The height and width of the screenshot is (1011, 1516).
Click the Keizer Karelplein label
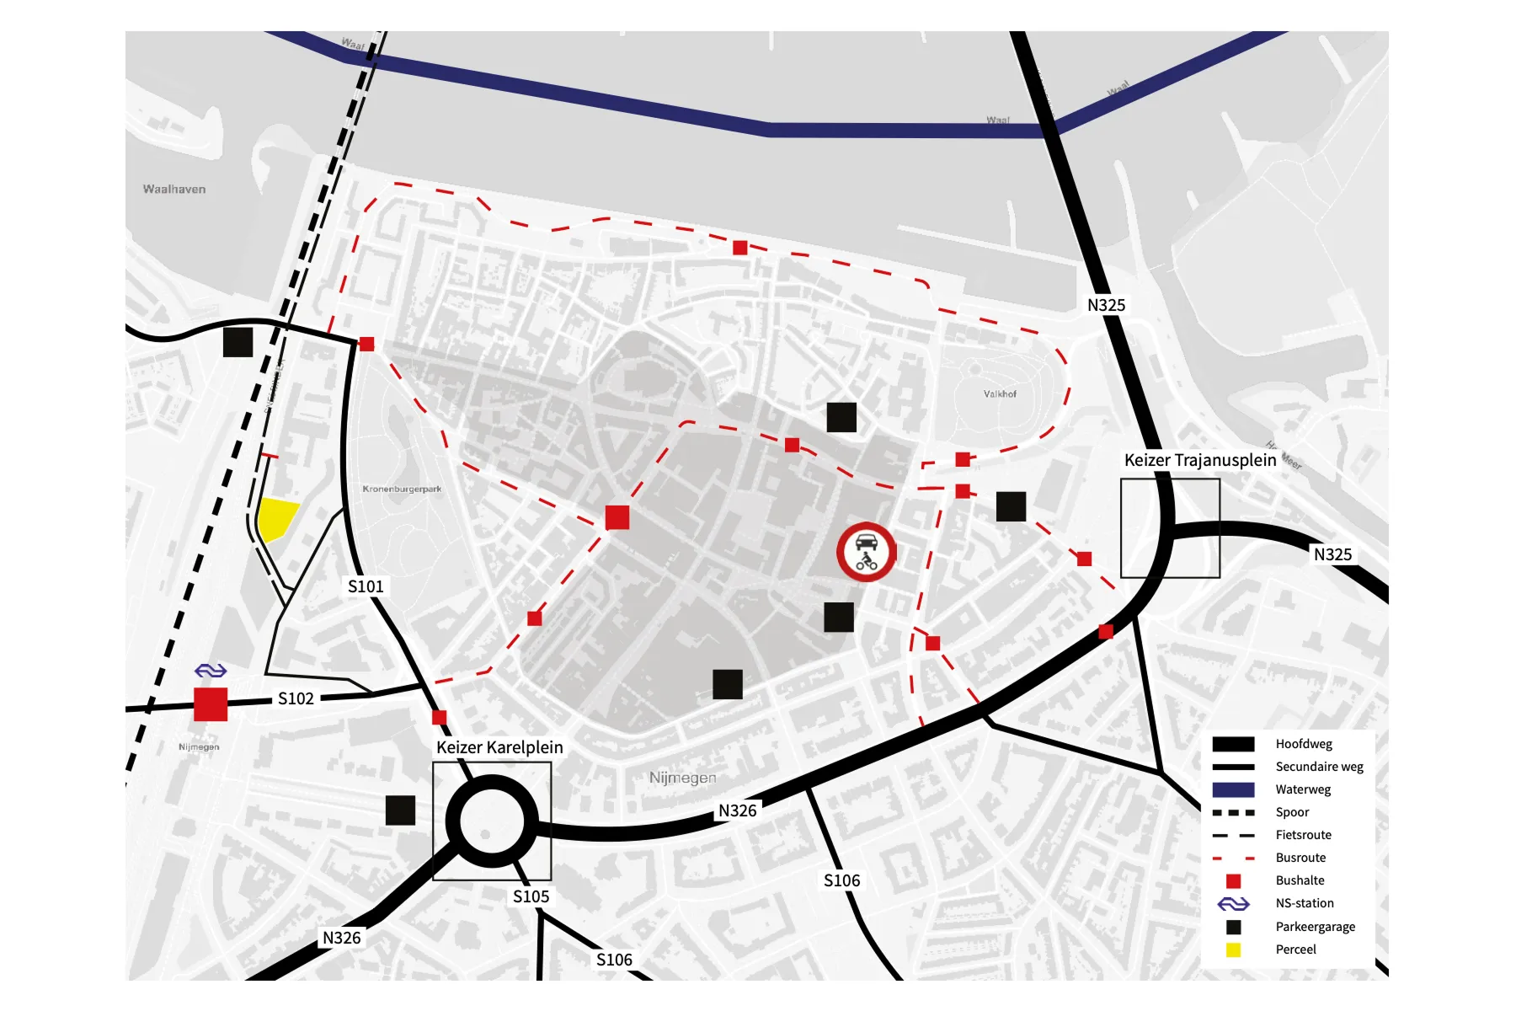coord(499,747)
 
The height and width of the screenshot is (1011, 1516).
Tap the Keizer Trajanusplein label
coord(1200,460)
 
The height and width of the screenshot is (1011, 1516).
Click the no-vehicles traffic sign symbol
coord(866,552)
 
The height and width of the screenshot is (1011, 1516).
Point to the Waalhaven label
coord(174,190)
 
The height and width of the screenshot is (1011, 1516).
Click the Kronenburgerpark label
coord(402,489)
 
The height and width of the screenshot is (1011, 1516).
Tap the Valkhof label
coord(1000,393)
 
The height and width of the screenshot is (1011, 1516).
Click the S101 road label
coord(366,586)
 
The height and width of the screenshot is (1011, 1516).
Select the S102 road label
coord(296,698)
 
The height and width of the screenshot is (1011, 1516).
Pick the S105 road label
coord(531,896)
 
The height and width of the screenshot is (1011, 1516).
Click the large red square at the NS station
coord(211,704)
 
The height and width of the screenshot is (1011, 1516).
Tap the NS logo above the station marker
coord(211,671)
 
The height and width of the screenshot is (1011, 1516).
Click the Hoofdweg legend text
coord(1303,744)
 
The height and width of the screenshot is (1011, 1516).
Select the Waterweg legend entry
coord(1302,789)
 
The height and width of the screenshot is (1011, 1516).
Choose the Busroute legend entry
coord(1300,858)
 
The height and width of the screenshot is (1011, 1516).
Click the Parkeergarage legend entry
coord(1315,927)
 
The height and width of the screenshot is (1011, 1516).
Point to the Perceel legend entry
coord(1295,949)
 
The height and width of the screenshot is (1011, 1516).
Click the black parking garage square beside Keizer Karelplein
coord(400,810)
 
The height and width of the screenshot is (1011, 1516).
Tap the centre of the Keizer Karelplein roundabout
coord(491,821)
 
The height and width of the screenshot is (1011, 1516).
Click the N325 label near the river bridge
coord(1106,305)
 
